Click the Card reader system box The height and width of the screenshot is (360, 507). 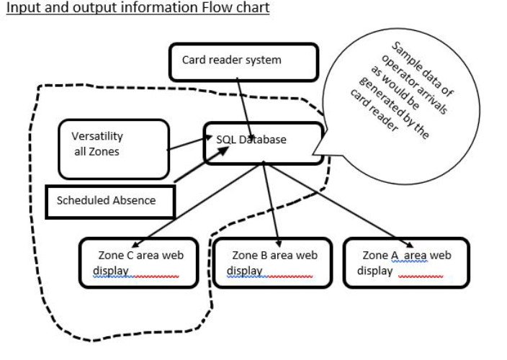[x=243, y=62]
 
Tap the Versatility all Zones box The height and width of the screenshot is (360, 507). [x=114, y=149]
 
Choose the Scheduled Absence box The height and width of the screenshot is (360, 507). [x=109, y=201]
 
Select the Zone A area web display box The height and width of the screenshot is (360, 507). [x=406, y=262]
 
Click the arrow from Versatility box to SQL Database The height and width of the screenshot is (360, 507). [x=187, y=143]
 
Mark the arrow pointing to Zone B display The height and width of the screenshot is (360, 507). [x=269, y=202]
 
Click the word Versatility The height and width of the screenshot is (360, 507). [x=97, y=136]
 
